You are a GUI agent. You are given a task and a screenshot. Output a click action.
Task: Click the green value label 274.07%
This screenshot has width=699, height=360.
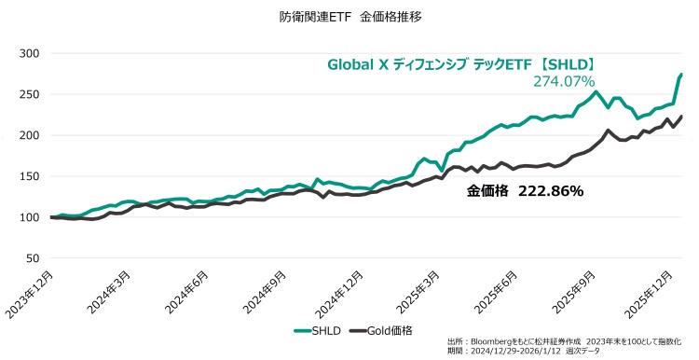coord(564,82)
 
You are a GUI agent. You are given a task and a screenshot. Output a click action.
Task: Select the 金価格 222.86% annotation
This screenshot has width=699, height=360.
coord(525,191)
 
